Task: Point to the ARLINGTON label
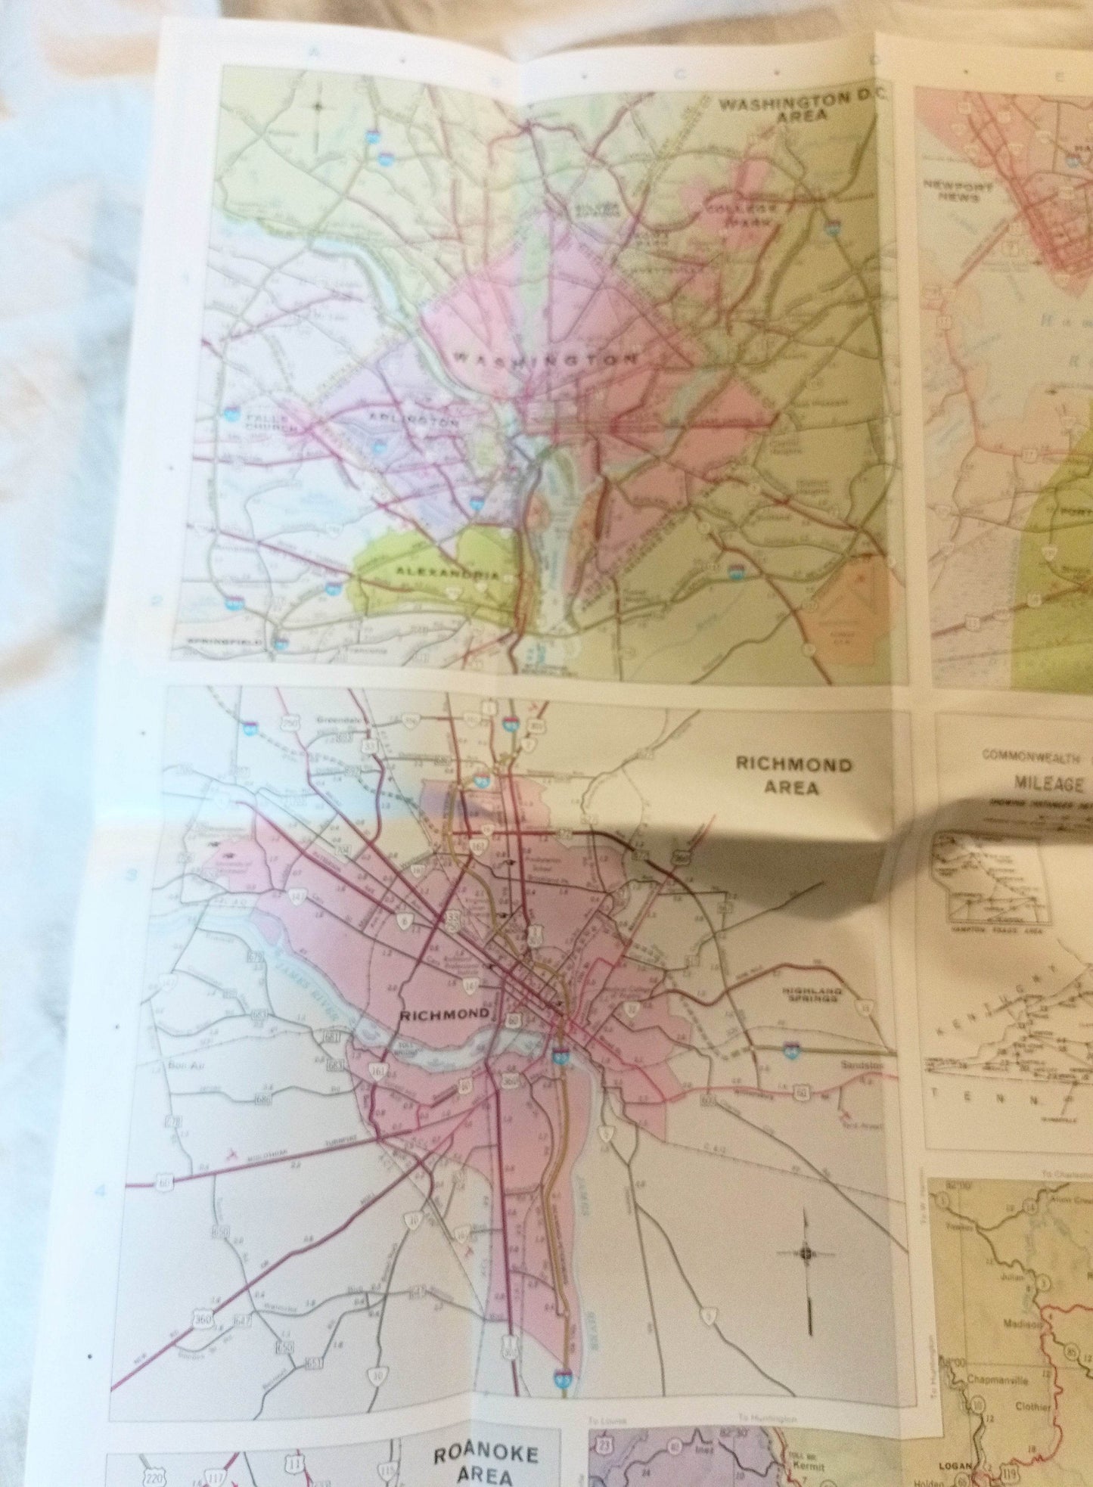point(414,421)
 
